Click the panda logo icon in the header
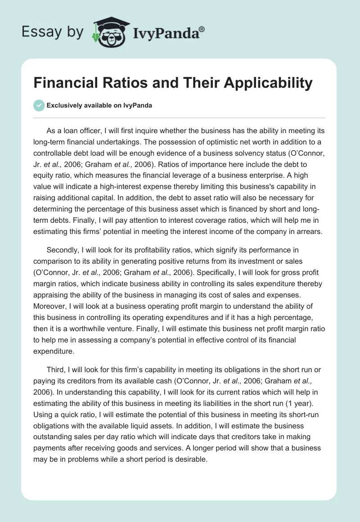pos(109,32)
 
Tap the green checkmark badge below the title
pos(39,105)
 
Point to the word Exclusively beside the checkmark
pos(63,106)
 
